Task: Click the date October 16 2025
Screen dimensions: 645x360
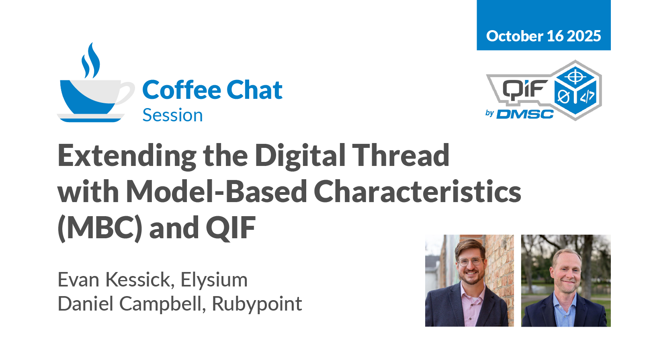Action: coord(543,36)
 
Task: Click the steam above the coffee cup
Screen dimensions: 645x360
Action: coord(91,61)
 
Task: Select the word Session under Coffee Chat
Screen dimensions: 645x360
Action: coord(173,115)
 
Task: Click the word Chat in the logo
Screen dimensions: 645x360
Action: coord(254,90)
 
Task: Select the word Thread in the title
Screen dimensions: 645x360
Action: coord(401,155)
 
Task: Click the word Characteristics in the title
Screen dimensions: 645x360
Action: coord(417,192)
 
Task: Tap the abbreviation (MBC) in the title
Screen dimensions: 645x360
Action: coord(100,228)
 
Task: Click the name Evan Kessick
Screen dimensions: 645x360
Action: coord(116,280)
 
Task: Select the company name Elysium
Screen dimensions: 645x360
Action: coord(214,280)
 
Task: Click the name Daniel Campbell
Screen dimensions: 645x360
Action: coord(132,304)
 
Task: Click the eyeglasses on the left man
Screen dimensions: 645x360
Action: coord(471,262)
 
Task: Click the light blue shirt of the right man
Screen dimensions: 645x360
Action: coord(565,311)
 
